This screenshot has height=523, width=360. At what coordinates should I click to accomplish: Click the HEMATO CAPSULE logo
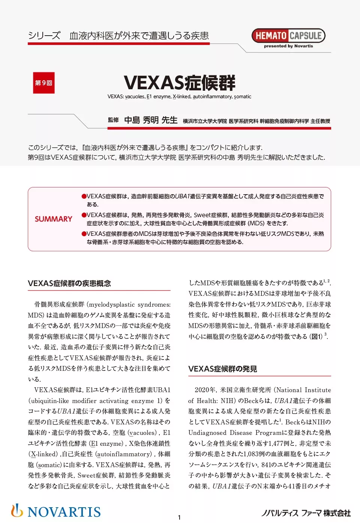(x=288, y=36)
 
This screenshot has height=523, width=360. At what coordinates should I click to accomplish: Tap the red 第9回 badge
(x=43, y=82)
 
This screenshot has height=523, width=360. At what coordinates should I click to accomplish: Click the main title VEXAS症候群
(x=180, y=83)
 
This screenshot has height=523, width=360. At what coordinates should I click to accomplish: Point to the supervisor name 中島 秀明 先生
(x=151, y=120)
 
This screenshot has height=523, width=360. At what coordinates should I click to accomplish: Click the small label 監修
(x=113, y=120)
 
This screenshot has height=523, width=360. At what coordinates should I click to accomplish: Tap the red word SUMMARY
(x=53, y=219)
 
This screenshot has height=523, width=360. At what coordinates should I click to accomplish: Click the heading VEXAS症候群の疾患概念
(x=69, y=283)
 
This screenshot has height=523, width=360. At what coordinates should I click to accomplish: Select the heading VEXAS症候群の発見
(x=223, y=369)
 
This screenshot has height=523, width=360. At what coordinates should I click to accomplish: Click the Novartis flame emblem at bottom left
(x=16, y=511)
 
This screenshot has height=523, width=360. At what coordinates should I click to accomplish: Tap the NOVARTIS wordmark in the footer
(x=64, y=512)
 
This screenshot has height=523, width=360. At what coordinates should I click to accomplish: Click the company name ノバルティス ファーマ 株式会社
(x=306, y=513)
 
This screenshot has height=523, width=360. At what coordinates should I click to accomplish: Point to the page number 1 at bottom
(x=179, y=517)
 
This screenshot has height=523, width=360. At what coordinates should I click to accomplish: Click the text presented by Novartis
(x=288, y=46)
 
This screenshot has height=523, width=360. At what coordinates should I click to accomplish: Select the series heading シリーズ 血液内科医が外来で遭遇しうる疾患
(x=118, y=36)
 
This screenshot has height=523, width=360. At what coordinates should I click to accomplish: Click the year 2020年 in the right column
(x=205, y=390)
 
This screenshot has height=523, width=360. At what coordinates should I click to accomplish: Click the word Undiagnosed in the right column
(x=207, y=433)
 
